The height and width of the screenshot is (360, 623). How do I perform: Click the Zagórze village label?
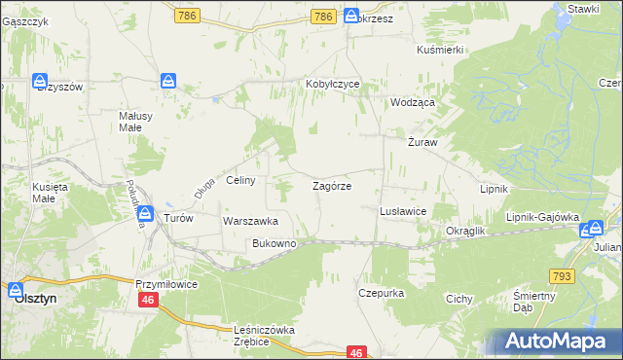[331, 185]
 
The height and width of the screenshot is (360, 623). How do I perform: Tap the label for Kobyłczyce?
[332, 84]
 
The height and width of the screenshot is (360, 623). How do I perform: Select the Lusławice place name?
[402, 210]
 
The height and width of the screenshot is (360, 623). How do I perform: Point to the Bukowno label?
[274, 242]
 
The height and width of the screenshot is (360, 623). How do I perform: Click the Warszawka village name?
[251, 221]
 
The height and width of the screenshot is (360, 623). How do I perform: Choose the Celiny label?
[240, 180]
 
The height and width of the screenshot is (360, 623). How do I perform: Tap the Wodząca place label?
[412, 101]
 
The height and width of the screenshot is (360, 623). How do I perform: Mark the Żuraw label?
[421, 142]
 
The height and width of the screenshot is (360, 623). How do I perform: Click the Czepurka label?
[381, 292]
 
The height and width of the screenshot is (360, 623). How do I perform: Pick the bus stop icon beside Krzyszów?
[40, 82]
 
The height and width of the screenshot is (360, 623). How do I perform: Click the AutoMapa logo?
[556, 341]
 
